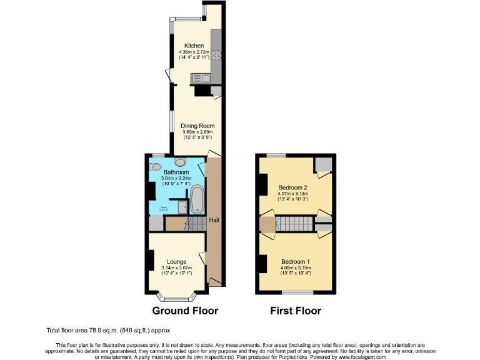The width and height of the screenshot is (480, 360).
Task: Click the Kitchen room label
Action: [192, 46]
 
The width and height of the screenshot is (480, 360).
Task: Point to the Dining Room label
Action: [197, 126]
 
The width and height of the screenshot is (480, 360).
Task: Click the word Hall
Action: [214, 220]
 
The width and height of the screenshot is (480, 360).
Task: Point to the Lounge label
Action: [176, 261]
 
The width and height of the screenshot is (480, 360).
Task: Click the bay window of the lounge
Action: [176, 293]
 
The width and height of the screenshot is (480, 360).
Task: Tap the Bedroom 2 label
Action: [293, 187]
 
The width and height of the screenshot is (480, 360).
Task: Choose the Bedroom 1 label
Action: [296, 261]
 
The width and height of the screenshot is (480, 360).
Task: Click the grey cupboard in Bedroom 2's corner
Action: [323, 164]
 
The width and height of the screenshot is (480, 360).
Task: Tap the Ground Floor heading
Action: [186, 311]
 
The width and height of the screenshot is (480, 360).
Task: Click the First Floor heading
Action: [296, 311]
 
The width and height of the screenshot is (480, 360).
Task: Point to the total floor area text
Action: [108, 330]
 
